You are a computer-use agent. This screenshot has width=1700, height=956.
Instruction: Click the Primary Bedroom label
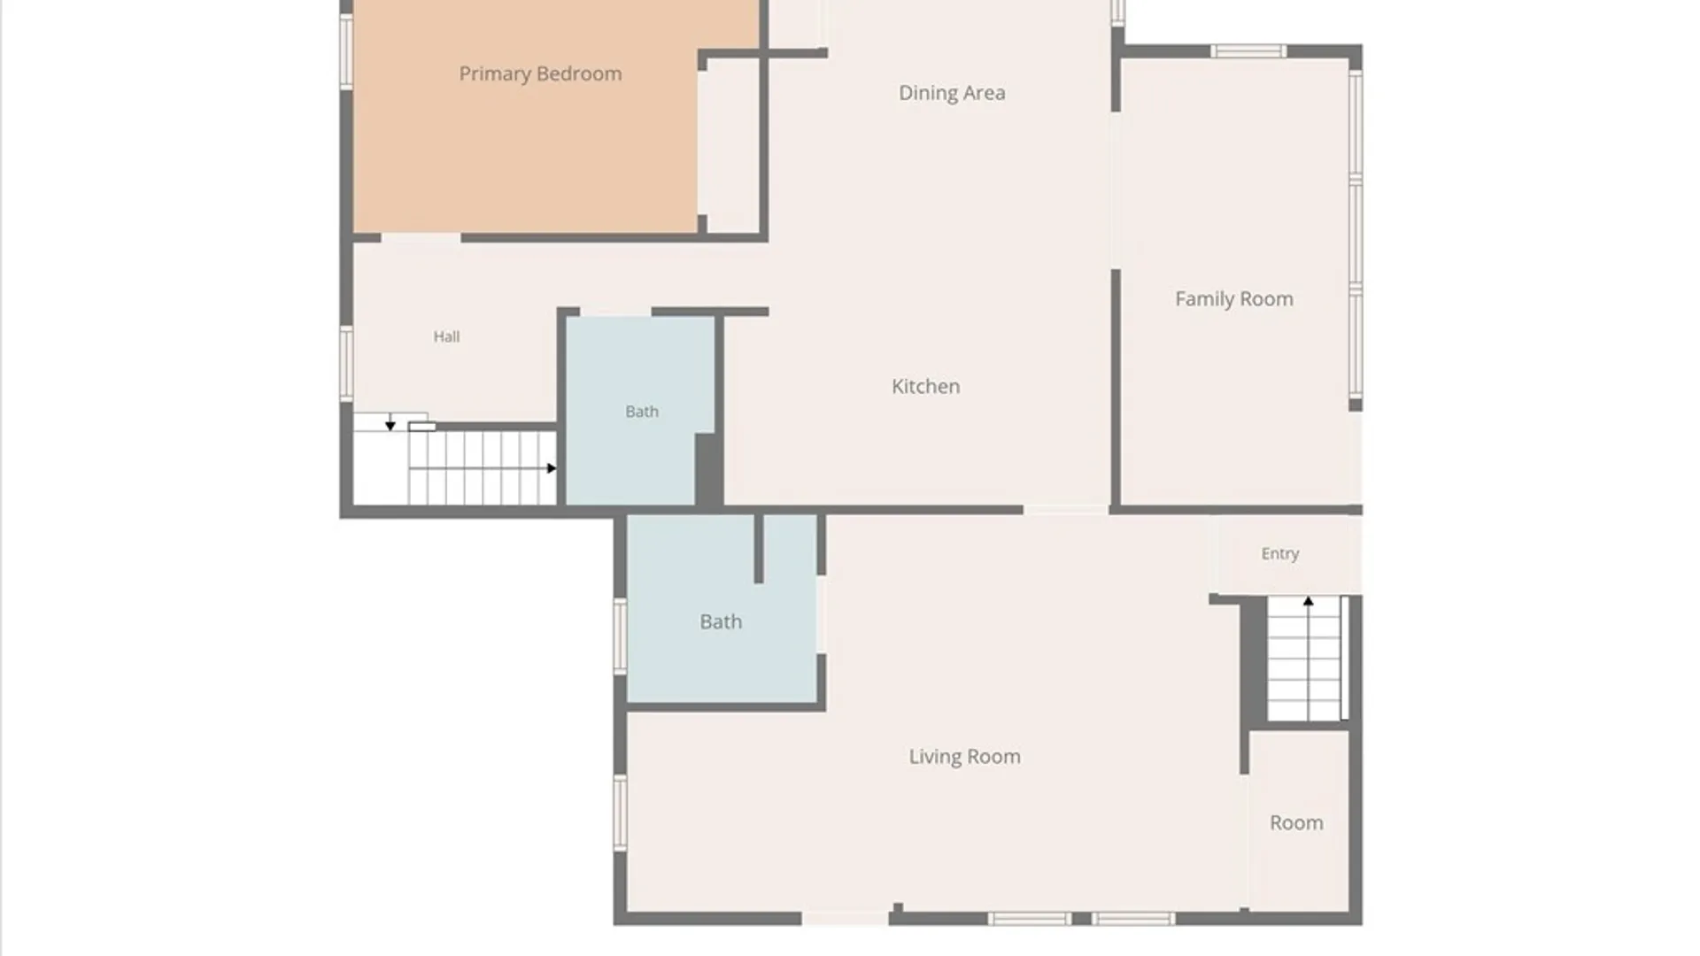coord(540,74)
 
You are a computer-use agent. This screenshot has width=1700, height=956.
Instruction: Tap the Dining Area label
coord(952,93)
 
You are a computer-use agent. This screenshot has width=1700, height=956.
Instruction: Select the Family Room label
coord(1234,299)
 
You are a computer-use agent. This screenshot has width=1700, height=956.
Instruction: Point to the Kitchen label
coord(925,386)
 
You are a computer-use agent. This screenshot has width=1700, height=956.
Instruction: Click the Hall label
coord(446,336)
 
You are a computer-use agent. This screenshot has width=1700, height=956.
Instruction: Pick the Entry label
coord(1280,554)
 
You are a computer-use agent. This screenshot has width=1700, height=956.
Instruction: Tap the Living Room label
coord(964,757)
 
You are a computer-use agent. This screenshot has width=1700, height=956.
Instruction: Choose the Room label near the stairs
coord(1296,822)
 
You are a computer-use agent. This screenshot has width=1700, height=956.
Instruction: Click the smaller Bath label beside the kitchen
coord(642,412)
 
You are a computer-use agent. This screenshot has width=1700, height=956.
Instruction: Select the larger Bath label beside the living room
coord(721,622)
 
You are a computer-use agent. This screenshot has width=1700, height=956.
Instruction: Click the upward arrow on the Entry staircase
coord(1309,602)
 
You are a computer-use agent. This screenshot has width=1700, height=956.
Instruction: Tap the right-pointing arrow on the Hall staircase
coord(552,468)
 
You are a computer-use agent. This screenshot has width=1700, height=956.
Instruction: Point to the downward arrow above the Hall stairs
coord(390,426)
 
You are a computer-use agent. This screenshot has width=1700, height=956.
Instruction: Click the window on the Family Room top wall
coord(1248,51)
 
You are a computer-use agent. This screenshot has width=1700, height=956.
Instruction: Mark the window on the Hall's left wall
coord(346,363)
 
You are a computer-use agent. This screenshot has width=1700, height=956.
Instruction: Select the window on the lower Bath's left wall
coord(620,636)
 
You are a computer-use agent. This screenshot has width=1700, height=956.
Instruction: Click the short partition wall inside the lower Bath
coord(759,549)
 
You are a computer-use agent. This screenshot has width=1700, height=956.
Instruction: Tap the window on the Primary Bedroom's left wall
coord(346,51)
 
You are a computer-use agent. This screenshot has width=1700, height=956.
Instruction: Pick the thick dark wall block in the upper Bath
coord(707,470)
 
